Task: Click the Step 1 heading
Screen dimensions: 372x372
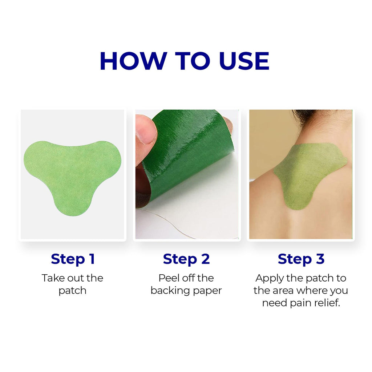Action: [73, 259]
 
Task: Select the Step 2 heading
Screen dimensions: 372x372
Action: [186, 259]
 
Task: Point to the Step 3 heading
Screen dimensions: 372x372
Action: [301, 259]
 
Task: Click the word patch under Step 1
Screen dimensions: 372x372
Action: [73, 291]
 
